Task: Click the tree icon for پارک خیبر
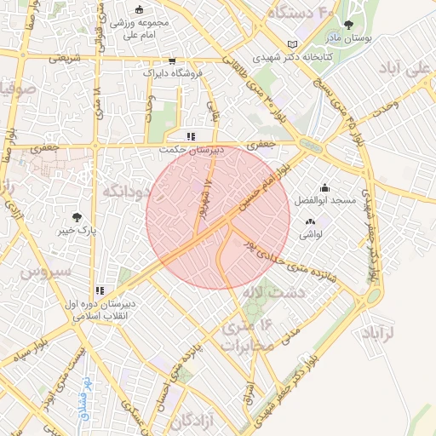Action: pyautogui.click(x=78, y=217)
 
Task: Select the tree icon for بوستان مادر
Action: pyautogui.click(x=347, y=26)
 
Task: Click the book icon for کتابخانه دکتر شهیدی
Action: pyautogui.click(x=294, y=44)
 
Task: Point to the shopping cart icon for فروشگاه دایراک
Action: pyautogui.click(x=173, y=61)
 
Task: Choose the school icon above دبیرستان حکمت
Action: pyautogui.click(x=192, y=135)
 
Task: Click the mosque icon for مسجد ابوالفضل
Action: pyautogui.click(x=324, y=187)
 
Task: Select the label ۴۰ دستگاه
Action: pyautogui.click(x=299, y=13)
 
